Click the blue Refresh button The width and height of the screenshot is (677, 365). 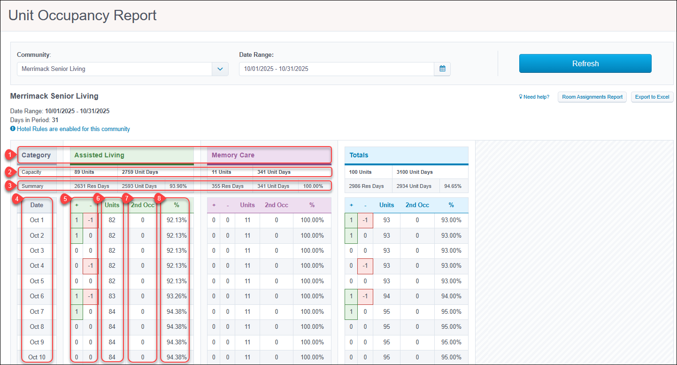(585, 63)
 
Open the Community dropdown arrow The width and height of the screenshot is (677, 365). (220, 69)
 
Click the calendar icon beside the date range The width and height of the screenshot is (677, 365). (442, 69)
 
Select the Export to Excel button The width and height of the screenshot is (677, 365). (652, 97)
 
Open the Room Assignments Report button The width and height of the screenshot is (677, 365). (592, 97)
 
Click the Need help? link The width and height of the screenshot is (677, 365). (534, 97)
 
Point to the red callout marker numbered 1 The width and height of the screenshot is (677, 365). (10, 155)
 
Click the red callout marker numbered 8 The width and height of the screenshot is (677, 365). (159, 199)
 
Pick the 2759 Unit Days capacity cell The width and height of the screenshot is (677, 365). (140, 172)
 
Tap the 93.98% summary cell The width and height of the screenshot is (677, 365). (178, 186)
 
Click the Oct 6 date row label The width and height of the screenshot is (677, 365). (37, 296)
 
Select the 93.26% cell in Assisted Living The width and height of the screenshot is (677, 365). (177, 296)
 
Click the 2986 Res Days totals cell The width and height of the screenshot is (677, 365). (366, 186)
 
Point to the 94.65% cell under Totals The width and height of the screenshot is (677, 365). (453, 186)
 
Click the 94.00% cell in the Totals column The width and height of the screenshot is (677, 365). (451, 296)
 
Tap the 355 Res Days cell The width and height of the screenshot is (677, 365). (228, 186)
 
